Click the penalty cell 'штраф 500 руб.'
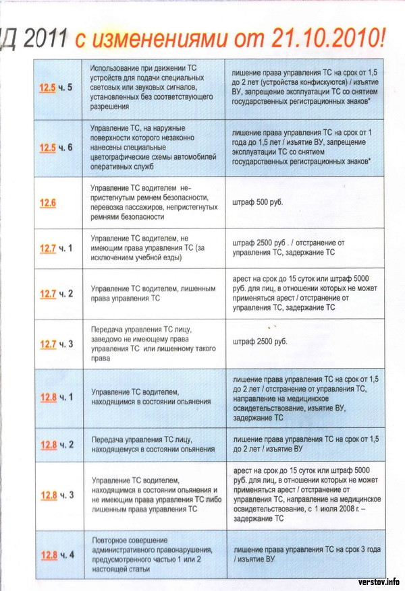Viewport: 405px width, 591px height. [x=259, y=201]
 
